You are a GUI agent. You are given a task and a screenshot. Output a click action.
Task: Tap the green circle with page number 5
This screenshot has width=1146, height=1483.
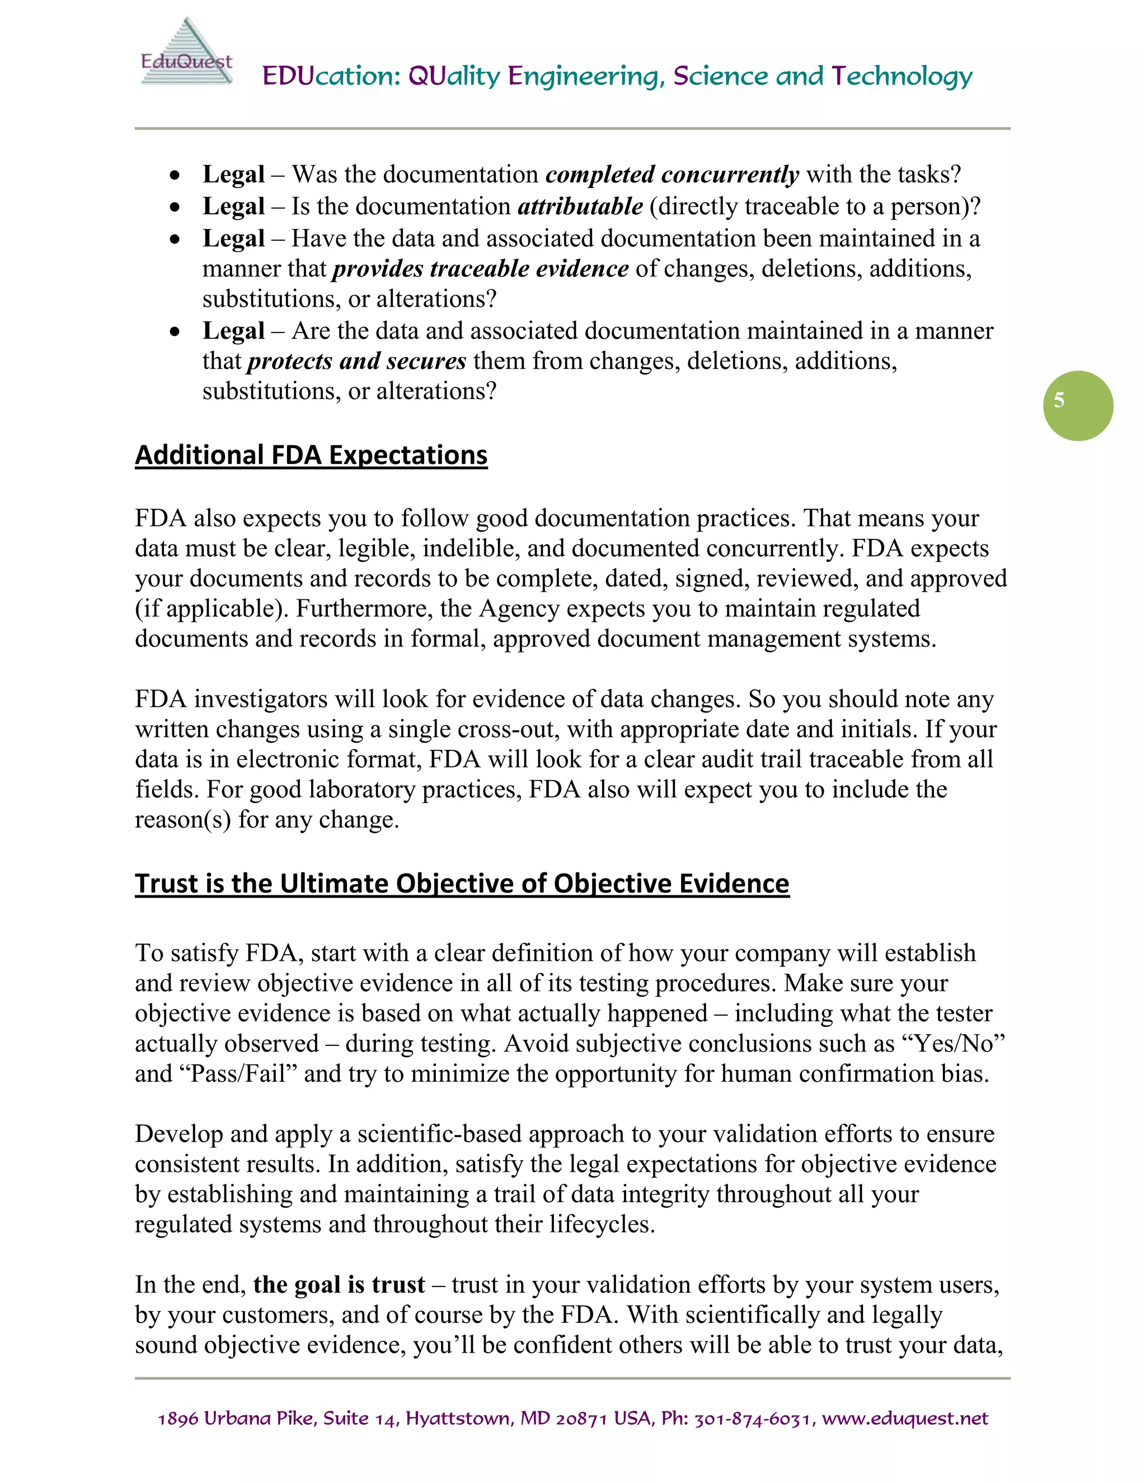[1077, 405]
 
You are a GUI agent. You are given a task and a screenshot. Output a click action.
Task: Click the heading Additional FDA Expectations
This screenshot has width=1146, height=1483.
[311, 454]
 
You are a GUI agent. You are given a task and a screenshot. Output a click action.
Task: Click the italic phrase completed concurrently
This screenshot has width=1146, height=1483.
[672, 175]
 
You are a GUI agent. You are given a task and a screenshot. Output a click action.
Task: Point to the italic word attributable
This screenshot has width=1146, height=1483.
[580, 206]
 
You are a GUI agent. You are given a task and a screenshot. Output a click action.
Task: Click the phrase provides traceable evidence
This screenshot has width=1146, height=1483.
[480, 268]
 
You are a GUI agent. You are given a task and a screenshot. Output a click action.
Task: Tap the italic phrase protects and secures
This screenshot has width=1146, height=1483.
[356, 360]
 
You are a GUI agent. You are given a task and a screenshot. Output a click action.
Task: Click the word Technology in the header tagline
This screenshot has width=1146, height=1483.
[901, 76]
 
